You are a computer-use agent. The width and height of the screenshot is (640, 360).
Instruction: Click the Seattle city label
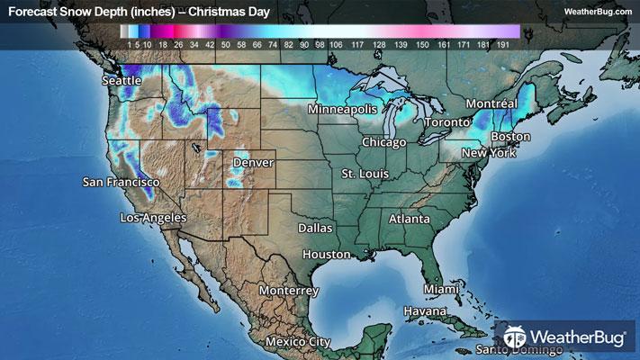[122, 81]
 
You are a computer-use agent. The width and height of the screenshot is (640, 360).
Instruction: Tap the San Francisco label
[121, 183]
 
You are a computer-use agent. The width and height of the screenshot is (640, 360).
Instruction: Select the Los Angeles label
[153, 218]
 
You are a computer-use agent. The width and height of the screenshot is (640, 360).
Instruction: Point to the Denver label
[253, 163]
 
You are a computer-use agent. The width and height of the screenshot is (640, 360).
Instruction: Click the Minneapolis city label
[342, 109]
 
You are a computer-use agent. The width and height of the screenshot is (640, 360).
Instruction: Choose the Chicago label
[384, 142]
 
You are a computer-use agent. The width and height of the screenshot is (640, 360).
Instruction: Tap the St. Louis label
[363, 172]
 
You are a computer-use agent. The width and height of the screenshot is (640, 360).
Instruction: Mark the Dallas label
[315, 229]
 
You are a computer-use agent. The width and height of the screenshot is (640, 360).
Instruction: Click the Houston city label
[326, 255]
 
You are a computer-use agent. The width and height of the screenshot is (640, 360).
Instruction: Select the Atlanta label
[409, 219]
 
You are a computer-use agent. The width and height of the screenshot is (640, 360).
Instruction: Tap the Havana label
[424, 311]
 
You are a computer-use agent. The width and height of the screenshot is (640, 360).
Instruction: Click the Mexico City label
[297, 342]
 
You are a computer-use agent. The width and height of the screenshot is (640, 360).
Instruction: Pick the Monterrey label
[288, 292]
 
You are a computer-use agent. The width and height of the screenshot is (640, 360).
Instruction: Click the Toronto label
[447, 121]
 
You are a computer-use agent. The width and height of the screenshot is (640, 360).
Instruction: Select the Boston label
[510, 137]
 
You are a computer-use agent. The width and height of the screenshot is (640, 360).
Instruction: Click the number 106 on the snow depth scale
[336, 43]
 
